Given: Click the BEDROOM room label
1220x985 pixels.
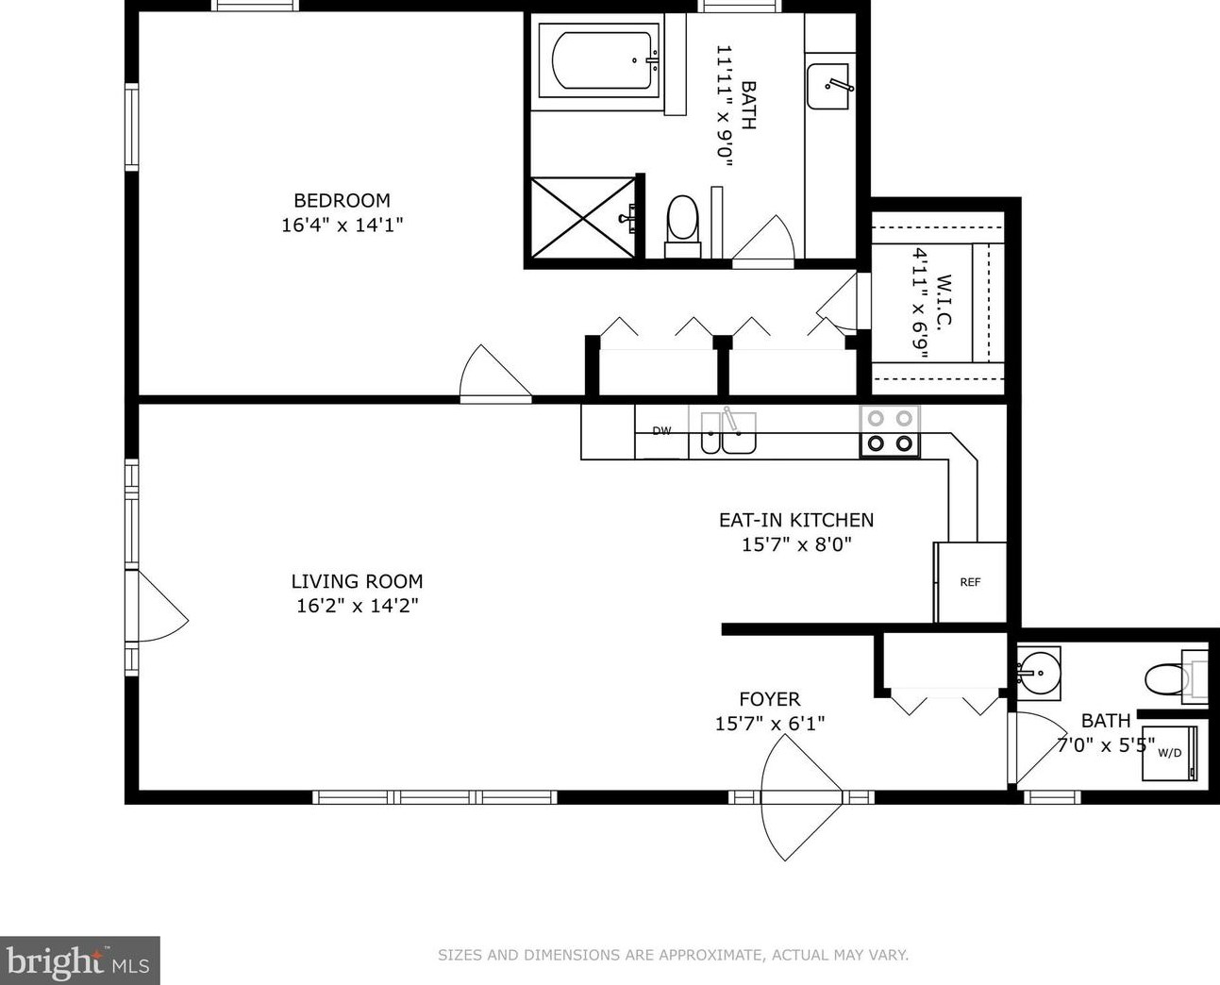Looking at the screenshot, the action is pos(342,200).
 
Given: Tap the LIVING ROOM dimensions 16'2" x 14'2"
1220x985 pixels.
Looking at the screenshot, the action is pos(358,606).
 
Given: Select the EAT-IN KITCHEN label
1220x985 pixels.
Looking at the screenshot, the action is pos(796,520).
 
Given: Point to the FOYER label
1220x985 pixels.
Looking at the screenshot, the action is pos(769,699).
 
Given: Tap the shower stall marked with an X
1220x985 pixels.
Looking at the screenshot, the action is pos(583,218).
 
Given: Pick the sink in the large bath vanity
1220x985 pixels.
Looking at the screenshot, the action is pos(828,87).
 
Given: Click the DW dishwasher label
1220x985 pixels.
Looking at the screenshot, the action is pos(661,431).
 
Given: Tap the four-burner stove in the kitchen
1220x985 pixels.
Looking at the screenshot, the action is pos(890,431).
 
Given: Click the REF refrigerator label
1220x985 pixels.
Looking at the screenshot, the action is pos(970,582).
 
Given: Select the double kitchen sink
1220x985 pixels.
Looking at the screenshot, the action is pos(728,433).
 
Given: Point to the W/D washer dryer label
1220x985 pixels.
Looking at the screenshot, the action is pos(1170,753).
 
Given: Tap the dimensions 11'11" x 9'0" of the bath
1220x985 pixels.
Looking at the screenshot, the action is pos(724,106).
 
